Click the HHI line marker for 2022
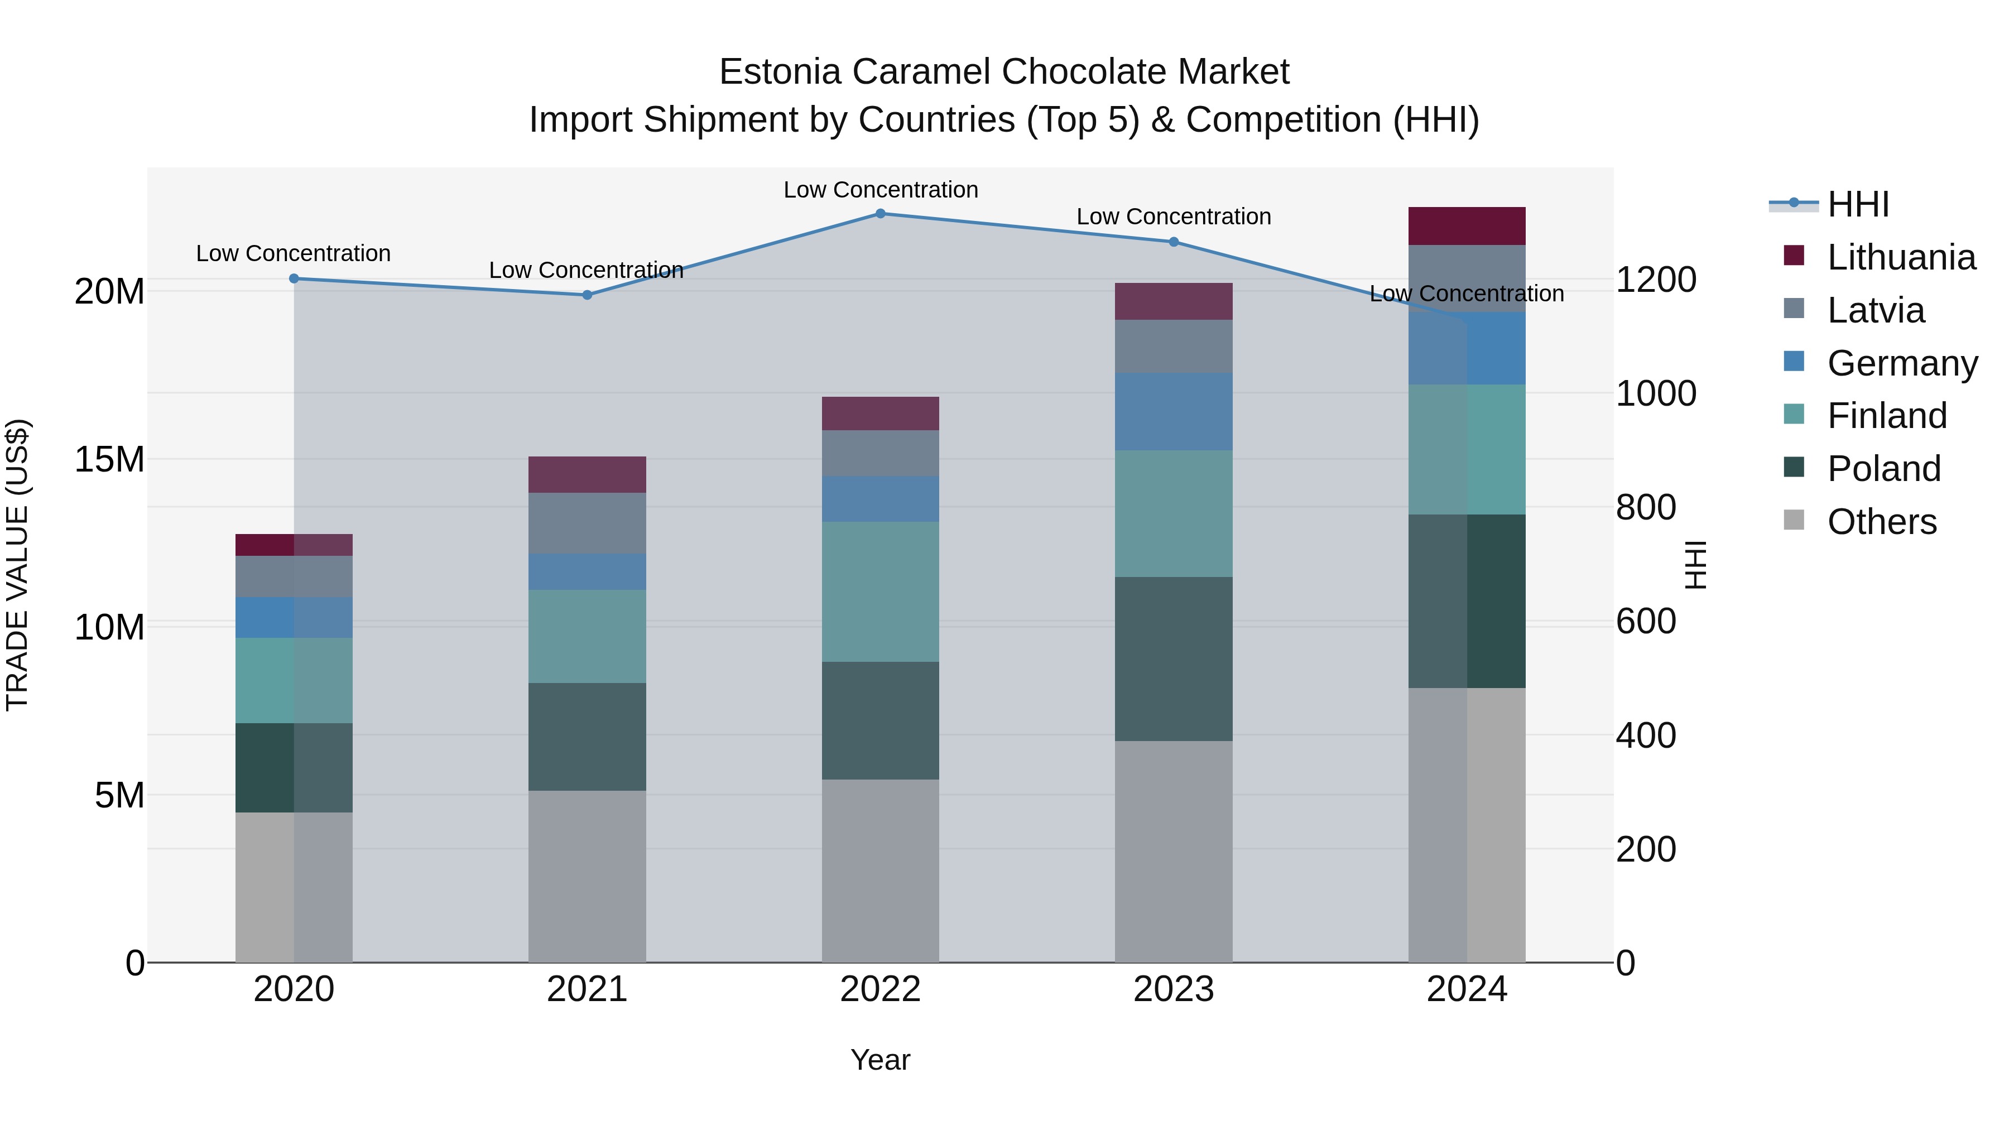881,213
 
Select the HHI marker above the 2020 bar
294,278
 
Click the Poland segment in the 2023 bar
1173,659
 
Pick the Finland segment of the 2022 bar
881,592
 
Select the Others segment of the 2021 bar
587,877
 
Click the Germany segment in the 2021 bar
587,571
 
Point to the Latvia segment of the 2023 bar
1173,346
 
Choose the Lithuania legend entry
1901,257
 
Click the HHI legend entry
1858,204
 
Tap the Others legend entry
1881,522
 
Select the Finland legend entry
1887,416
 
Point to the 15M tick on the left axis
109,459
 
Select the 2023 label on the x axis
1173,989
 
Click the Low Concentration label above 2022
881,190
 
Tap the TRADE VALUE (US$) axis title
17,565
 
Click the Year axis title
881,1060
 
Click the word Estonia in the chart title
780,72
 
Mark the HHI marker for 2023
1173,242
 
